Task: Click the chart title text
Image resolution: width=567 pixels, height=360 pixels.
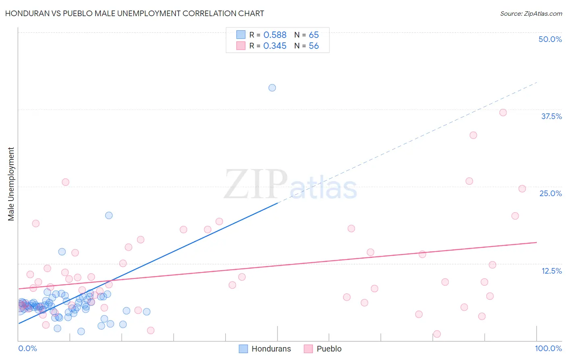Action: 135,13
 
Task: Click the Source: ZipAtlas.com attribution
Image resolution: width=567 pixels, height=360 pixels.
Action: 531,13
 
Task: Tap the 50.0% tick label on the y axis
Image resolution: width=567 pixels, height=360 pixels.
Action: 550,39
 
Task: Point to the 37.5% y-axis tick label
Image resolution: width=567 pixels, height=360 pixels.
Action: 551,116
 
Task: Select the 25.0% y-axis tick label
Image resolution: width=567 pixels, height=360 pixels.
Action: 550,193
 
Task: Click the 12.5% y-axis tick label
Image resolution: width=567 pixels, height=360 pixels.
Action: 551,271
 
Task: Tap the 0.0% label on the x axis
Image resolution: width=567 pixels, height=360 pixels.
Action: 27,348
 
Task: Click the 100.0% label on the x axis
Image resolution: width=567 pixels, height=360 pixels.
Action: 548,348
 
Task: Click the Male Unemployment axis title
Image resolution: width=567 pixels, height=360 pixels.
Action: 11,184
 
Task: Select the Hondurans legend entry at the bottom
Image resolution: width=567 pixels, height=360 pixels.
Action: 271,349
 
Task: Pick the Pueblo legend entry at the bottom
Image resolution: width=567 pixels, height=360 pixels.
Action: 329,349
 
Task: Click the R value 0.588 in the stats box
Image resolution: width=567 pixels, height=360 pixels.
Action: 275,35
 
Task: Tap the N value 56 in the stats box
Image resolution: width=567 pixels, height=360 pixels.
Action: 314,46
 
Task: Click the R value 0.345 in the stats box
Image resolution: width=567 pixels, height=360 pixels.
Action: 275,46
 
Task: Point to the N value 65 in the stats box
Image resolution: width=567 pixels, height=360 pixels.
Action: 314,35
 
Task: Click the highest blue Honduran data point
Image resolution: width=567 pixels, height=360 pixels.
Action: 272,88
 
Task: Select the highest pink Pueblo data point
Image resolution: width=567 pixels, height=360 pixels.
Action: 503,113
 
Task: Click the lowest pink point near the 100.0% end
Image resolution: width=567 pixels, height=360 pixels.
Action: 437,334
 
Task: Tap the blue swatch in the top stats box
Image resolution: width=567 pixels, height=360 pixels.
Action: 241,35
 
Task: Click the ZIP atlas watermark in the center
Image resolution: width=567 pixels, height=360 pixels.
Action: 290,185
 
